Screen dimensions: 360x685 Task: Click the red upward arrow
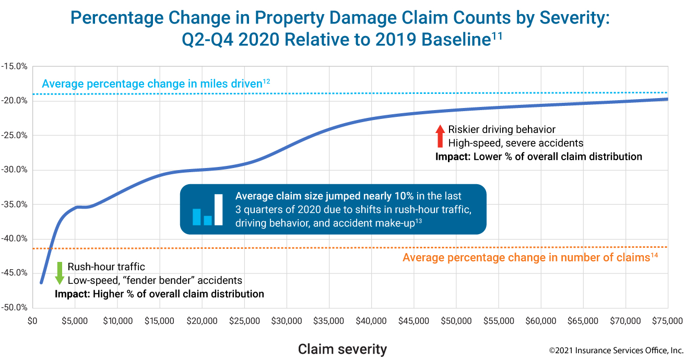pyautogui.click(x=440, y=136)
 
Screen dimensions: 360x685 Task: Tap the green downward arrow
pyautogui.click(x=60, y=273)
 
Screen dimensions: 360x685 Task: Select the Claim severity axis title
pyautogui.click(x=342, y=349)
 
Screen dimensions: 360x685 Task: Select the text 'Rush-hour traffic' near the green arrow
pyautogui.click(x=106, y=267)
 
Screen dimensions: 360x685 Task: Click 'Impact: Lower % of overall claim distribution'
pyautogui.click(x=539, y=157)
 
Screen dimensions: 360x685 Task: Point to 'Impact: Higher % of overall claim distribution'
pyautogui.click(x=159, y=294)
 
